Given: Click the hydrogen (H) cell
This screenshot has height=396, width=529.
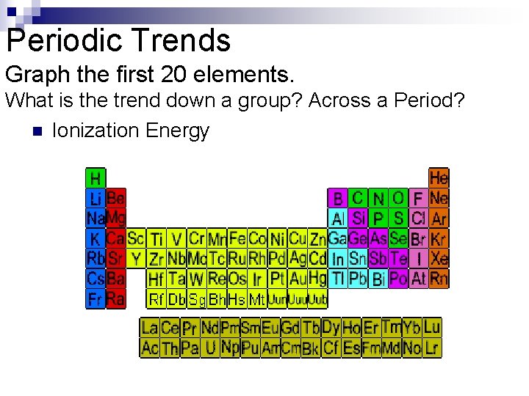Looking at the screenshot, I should [96, 177].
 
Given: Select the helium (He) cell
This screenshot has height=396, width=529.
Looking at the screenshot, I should [439, 177].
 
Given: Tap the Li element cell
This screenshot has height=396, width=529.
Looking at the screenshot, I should [96, 198].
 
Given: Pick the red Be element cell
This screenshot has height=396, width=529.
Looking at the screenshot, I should [116, 198].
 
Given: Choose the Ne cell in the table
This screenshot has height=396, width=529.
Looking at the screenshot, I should [439, 198].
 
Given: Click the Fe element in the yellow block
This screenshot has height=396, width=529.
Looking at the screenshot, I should [237, 238].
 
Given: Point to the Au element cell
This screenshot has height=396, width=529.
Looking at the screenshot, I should [298, 279].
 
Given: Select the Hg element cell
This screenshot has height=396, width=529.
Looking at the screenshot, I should [317, 279].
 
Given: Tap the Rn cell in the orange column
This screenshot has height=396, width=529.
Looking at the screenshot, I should [439, 279].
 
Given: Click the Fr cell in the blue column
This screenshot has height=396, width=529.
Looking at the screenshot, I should [96, 299].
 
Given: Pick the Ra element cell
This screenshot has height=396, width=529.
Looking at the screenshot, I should [116, 299].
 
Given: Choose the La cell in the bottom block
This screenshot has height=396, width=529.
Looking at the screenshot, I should [150, 328].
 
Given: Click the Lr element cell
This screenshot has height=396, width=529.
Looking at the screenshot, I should [432, 348].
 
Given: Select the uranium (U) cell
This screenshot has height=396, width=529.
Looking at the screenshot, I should [210, 348].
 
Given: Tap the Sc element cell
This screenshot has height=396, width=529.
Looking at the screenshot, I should [136, 238].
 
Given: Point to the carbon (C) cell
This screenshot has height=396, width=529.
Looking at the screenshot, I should [358, 198].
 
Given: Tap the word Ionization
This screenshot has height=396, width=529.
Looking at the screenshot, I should [96, 131].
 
